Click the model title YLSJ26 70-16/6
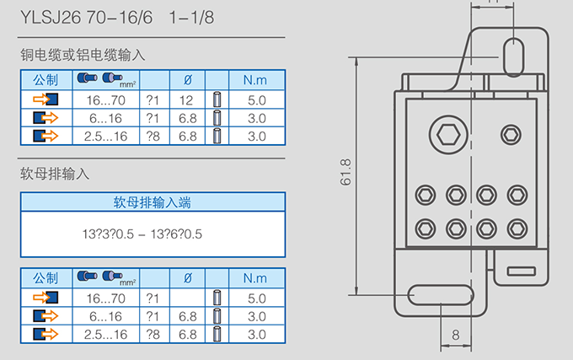tap(86, 17)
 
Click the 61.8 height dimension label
tap(345, 172)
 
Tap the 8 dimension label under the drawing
tap(455, 335)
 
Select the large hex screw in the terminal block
tap(448, 135)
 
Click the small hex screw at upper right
tap(511, 135)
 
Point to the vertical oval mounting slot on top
tap(513, 57)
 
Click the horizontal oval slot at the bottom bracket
tap(441, 295)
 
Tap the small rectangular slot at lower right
tap(522, 271)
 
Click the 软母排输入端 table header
tap(152, 202)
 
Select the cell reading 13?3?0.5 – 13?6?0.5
tap(142, 234)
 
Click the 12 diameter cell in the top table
tap(186, 100)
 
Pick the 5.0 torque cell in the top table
tap(256, 100)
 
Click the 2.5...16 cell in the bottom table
tap(105, 335)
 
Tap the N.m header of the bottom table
tap(255, 278)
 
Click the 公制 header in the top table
tap(46, 80)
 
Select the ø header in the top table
tap(187, 80)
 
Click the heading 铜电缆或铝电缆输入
tap(83, 55)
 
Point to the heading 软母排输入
tap(55, 174)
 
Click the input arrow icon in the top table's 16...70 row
tap(46, 99)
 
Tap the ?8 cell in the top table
tap(153, 137)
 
